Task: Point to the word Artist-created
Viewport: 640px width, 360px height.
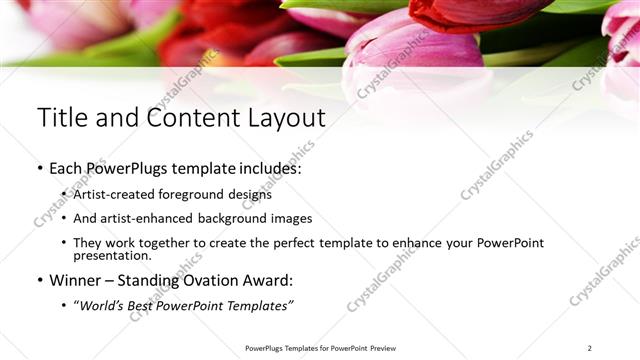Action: (x=111, y=194)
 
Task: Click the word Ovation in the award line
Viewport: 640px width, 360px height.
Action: (x=216, y=281)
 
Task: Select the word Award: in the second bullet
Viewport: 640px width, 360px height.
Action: (x=271, y=281)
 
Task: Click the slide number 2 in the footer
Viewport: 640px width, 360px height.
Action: (x=589, y=348)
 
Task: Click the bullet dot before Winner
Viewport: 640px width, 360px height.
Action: (x=40, y=281)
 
